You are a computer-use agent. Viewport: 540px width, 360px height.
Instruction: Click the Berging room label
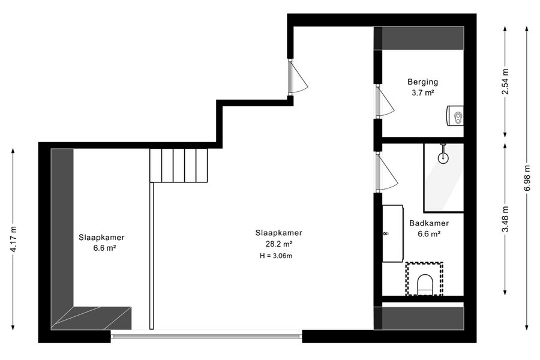pyautogui.click(x=422, y=82)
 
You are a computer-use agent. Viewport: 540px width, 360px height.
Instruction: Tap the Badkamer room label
pyautogui.click(x=429, y=223)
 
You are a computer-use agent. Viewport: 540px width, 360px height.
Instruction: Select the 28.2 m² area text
pyautogui.click(x=278, y=244)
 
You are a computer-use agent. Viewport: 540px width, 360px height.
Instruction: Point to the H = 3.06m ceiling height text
pyautogui.click(x=276, y=256)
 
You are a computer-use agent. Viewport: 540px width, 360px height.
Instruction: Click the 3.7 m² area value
pyautogui.click(x=422, y=92)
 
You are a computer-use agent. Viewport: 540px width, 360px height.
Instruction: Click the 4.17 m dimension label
pyautogui.click(x=13, y=239)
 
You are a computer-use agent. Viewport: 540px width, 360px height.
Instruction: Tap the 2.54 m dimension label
pyautogui.click(x=505, y=82)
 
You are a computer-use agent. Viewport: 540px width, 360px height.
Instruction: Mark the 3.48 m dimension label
pyautogui.click(x=505, y=220)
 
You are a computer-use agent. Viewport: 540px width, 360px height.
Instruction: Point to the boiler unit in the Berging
pyautogui.click(x=455, y=116)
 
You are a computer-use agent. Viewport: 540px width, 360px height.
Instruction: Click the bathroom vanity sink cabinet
pyautogui.click(x=392, y=233)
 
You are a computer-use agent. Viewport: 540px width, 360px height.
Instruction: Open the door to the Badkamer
pyautogui.click(x=386, y=172)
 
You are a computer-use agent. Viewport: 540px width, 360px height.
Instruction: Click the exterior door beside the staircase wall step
pyautogui.click(x=298, y=77)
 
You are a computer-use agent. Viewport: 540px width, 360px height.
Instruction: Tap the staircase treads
pyautogui.click(x=179, y=166)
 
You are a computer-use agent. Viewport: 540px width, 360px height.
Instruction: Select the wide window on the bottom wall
pyautogui.click(x=206, y=336)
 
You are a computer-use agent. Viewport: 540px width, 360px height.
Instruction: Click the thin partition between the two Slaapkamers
pyautogui.click(x=152, y=256)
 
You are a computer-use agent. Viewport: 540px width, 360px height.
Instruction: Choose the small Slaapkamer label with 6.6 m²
pyautogui.click(x=101, y=242)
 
